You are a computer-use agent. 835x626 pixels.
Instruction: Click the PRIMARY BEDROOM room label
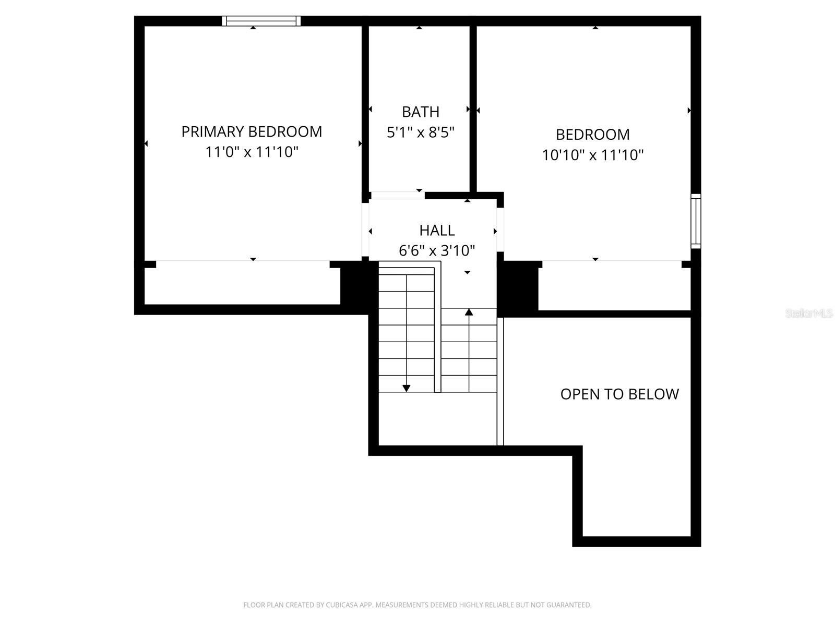pyautogui.click(x=252, y=132)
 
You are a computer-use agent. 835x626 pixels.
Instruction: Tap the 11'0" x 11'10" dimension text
pyautogui.click(x=252, y=152)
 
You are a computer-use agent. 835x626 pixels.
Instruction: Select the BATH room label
pyautogui.click(x=420, y=112)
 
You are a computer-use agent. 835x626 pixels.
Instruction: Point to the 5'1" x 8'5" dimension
pyautogui.click(x=420, y=133)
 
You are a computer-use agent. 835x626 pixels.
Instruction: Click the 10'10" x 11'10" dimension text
pyautogui.click(x=592, y=155)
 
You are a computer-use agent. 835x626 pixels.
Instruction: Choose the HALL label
pyautogui.click(x=437, y=231)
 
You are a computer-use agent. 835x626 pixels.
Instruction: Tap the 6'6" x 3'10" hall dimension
pyautogui.click(x=437, y=251)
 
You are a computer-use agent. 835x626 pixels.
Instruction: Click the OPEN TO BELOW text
pyautogui.click(x=619, y=394)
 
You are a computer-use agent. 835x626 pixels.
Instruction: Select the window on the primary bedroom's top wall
pyautogui.click(x=261, y=21)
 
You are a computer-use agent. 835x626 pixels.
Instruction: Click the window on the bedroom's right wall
pyautogui.click(x=696, y=221)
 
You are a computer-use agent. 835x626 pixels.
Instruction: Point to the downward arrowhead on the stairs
pyautogui.click(x=406, y=388)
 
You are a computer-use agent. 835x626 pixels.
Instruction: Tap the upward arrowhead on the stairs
pyautogui.click(x=469, y=312)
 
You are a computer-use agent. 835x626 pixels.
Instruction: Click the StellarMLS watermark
pyautogui.click(x=809, y=313)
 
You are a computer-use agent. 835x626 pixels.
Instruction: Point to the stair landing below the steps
pyautogui.click(x=437, y=418)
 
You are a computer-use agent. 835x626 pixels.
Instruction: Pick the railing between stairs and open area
pyautogui.click(x=500, y=381)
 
